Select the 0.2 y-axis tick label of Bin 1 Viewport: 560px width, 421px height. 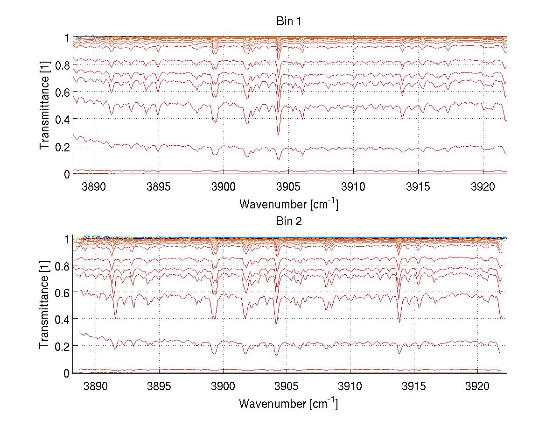[62, 146]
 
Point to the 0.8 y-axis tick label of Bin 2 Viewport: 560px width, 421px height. [62, 265]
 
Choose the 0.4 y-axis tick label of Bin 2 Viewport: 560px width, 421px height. [62, 319]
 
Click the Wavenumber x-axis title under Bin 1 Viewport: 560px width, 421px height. [288, 204]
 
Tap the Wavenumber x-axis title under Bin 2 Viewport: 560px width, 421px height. [288, 403]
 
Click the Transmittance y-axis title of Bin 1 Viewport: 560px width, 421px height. [44, 106]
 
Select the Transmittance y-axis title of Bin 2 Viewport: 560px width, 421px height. [44, 306]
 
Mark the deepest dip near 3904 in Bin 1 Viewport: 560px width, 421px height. [278, 135]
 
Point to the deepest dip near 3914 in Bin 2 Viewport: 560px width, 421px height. [399, 322]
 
